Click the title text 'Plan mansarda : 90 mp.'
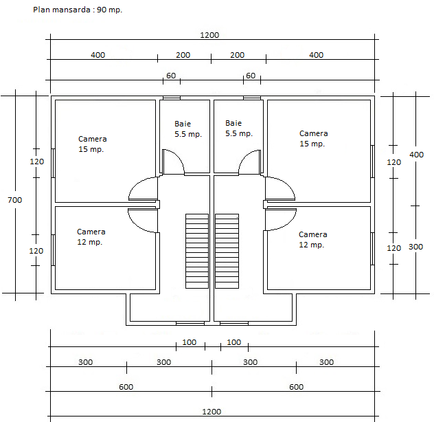point(78,10)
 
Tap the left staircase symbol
point(197,251)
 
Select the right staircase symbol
point(227,251)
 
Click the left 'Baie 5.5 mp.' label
point(188,129)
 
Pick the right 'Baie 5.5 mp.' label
point(239,129)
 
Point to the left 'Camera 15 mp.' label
point(93,144)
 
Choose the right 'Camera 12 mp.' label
point(312,240)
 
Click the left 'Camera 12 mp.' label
point(91,237)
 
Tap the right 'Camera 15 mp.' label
point(313,139)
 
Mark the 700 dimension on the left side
point(15,200)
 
